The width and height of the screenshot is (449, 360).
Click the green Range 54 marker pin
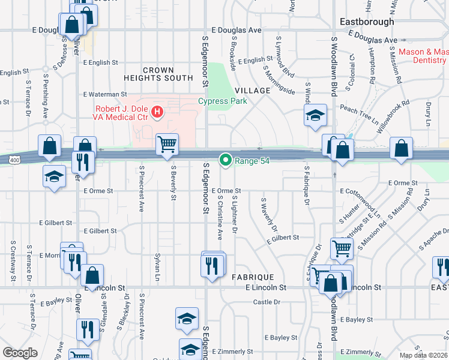coord(226,160)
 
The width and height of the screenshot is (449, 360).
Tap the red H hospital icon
coord(157,111)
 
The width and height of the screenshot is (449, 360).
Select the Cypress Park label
coord(223,101)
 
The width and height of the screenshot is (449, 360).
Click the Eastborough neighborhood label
coord(367,22)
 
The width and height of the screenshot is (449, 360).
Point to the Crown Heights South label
coord(158,74)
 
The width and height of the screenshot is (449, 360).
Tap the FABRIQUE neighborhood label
coord(253,277)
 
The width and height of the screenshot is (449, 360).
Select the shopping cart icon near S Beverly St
coord(167,144)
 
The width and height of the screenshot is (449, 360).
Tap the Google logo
coord(20,352)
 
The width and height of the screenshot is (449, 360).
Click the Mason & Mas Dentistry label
coord(423,56)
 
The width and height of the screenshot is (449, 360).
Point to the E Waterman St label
coord(105,94)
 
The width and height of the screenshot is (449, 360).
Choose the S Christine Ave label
coord(220,214)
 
